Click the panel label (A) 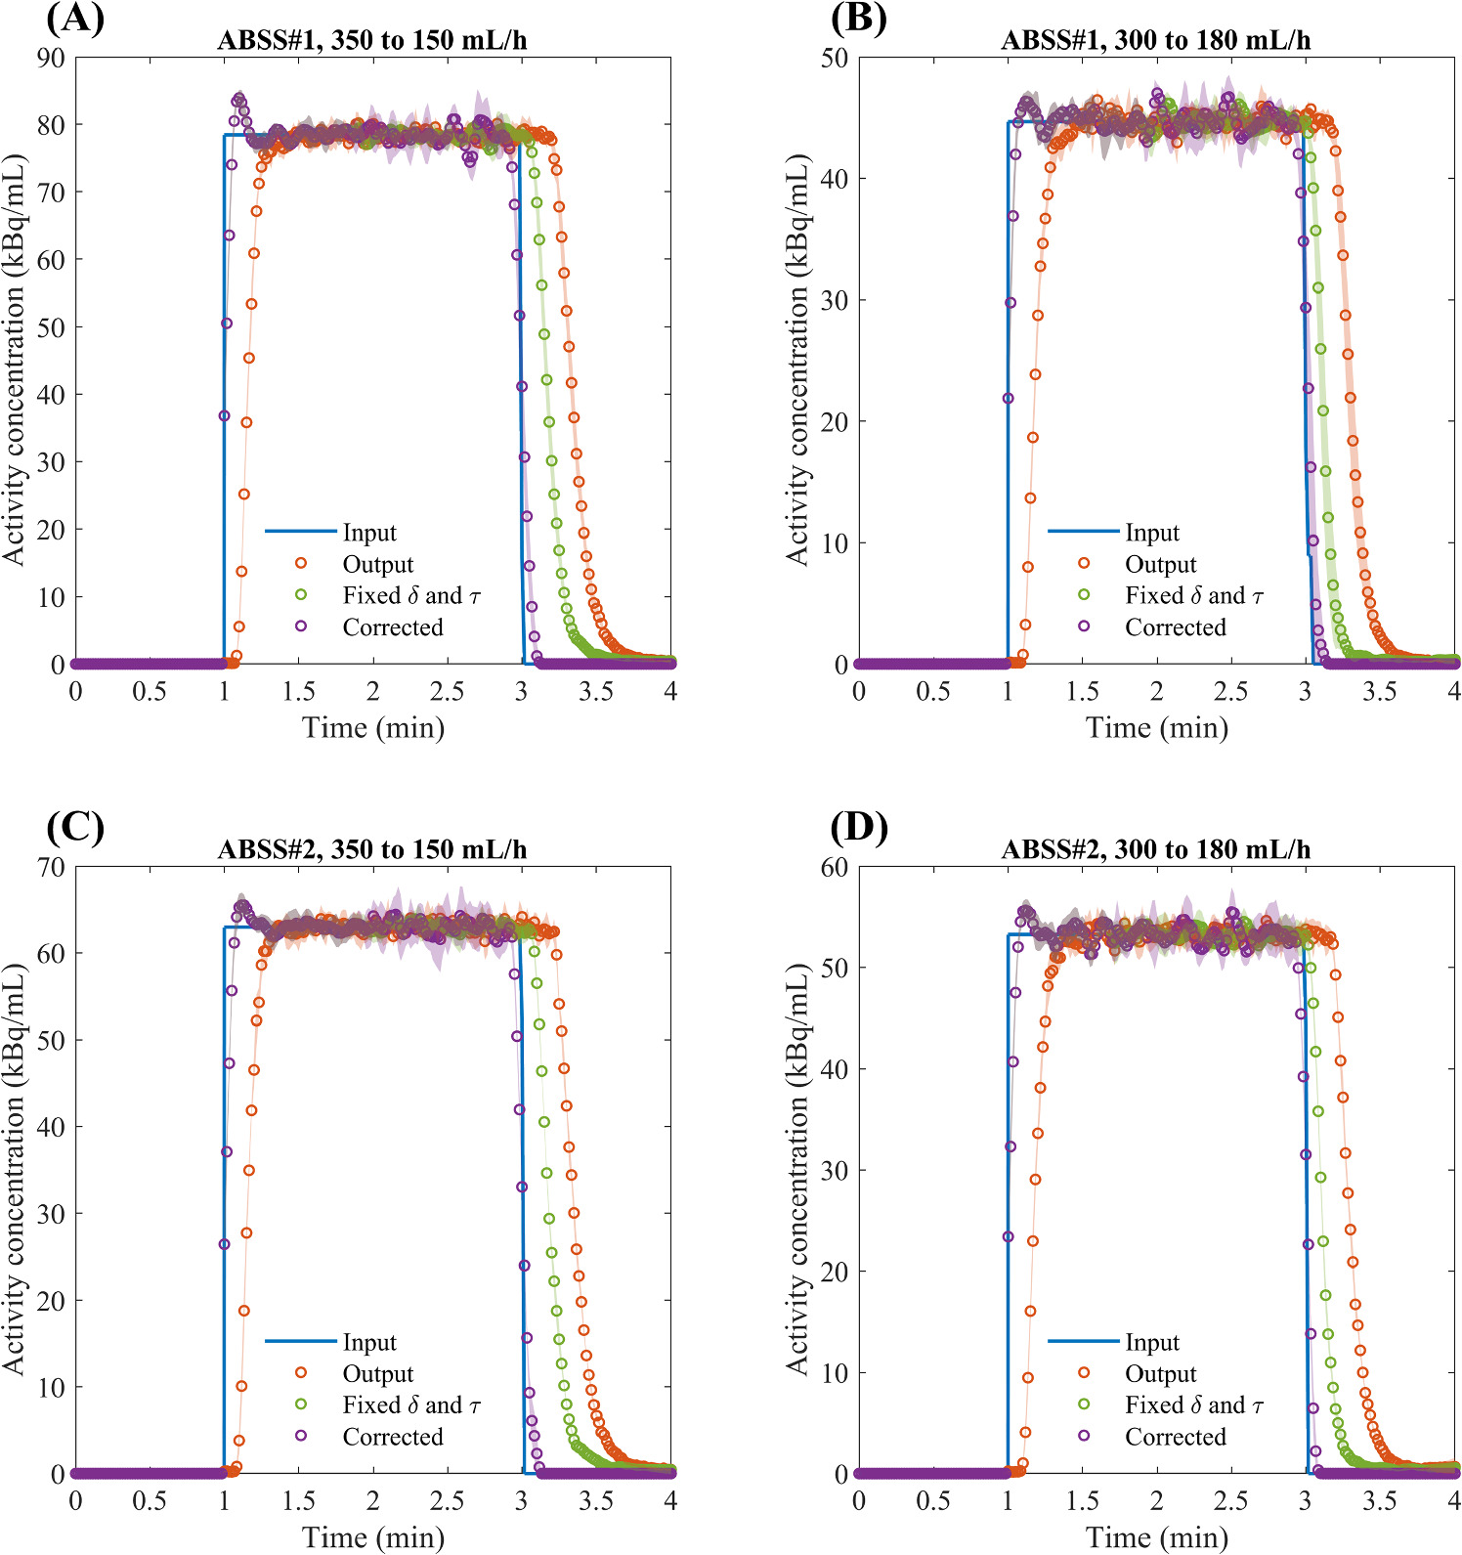coord(74,19)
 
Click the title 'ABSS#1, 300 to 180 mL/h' coord(1155,41)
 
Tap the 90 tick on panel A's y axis coord(51,58)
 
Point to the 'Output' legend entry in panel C coord(377,1374)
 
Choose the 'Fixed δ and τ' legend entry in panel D coord(1193,1405)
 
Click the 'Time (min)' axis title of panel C coord(373,1537)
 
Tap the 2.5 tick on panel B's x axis coord(1230,692)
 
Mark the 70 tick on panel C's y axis coord(51,867)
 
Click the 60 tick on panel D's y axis coord(834,867)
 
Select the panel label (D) coord(858,828)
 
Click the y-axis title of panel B coord(797,360)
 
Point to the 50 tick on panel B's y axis coord(834,58)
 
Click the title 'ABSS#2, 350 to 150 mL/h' coord(371,850)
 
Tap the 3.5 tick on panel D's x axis coord(1379,1501)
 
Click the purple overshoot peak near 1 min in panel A coord(238,99)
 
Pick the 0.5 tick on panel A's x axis coord(150,692)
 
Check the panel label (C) coord(74,828)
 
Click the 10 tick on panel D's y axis coord(834,1372)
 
